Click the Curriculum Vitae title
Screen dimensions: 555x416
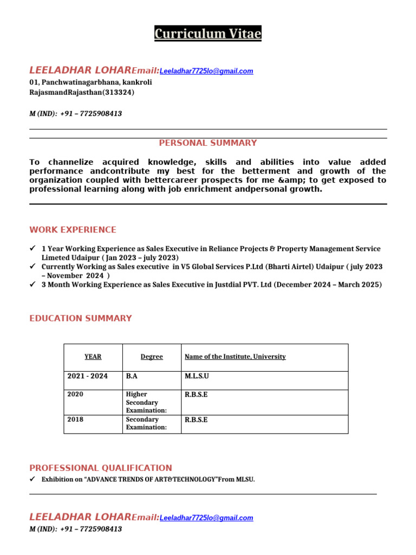click(x=208, y=34)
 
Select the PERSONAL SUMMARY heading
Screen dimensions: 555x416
click(x=208, y=143)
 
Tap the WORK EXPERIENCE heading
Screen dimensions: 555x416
click(x=73, y=230)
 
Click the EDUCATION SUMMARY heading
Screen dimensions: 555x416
click(x=81, y=318)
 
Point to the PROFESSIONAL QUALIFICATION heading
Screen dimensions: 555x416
click(x=101, y=468)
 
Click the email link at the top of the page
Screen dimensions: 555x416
click(x=206, y=72)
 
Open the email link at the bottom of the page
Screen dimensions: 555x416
click(x=206, y=518)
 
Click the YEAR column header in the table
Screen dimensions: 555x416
click(x=93, y=357)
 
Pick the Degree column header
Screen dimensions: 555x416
click(x=152, y=357)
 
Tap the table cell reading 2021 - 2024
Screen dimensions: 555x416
click(x=87, y=376)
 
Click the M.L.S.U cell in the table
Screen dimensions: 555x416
click(x=197, y=376)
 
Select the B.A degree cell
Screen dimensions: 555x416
click(x=132, y=376)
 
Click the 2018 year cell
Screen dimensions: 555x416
click(x=75, y=420)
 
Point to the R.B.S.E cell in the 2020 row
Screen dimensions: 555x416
click(x=196, y=395)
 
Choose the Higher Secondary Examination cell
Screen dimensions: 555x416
click(x=146, y=403)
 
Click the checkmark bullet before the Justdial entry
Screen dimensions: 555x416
click(x=32, y=285)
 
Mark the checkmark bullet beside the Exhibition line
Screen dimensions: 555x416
click(x=32, y=479)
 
